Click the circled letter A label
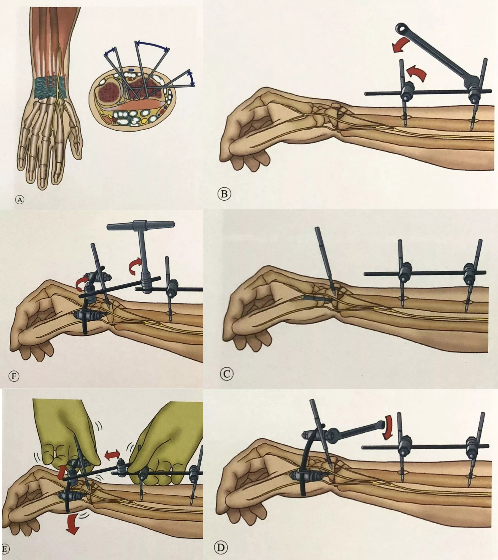tap(20, 199)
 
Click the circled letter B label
tap(224, 194)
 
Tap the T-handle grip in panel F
tap(140, 226)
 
